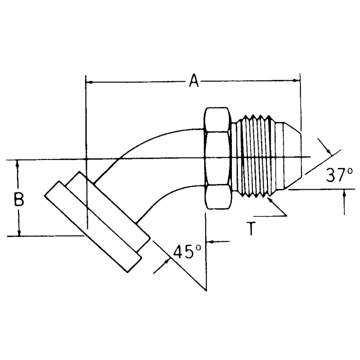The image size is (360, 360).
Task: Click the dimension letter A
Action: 194,81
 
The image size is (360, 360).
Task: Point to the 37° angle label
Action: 339,175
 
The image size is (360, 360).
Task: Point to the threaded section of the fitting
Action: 255,157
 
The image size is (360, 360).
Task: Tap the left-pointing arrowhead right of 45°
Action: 210,241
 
